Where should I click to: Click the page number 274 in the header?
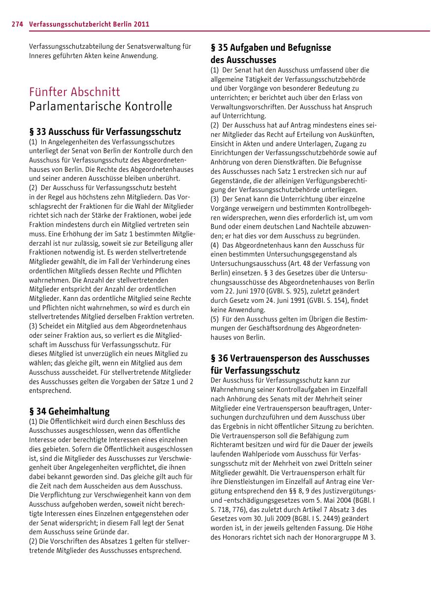tap(18, 24)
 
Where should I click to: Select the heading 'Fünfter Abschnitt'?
tap(74, 92)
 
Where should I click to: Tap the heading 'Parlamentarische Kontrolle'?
tap(100, 106)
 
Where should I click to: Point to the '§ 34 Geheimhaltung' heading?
tap(69, 411)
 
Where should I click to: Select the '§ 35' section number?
tap(219, 48)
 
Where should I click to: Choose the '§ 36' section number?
tap(219, 358)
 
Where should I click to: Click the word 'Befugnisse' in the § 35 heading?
tap(308, 48)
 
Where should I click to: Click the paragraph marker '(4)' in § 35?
tap(214, 245)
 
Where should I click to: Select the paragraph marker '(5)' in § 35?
tap(214, 319)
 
